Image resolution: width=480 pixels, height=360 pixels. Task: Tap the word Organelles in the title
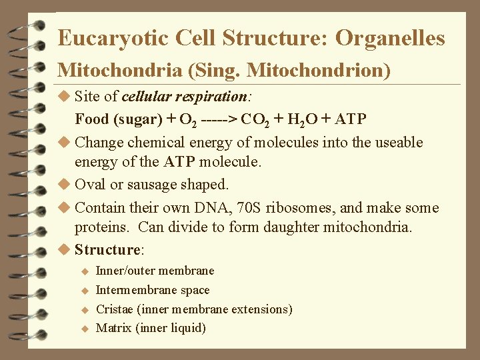390,38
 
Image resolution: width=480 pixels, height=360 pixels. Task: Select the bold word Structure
106,250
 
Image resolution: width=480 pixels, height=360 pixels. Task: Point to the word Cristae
115,309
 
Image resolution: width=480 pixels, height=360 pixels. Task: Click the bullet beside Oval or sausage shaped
64,184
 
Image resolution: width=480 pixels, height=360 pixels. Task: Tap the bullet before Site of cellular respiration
64,97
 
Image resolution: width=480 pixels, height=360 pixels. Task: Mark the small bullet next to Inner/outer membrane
85,271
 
